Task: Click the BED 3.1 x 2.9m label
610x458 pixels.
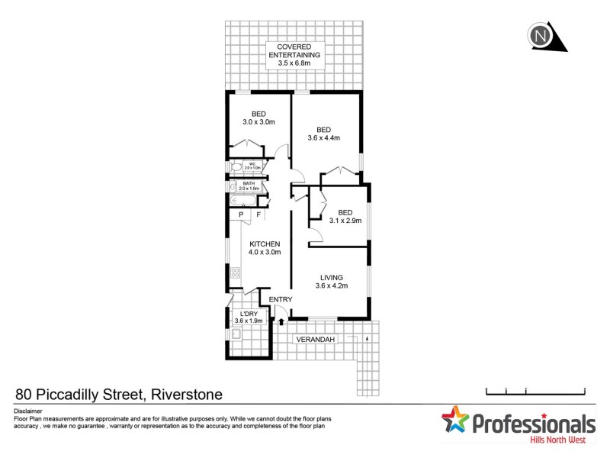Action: (x=345, y=216)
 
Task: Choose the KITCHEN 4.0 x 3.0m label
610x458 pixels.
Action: (x=265, y=247)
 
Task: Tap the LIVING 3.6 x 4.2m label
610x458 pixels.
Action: (x=331, y=282)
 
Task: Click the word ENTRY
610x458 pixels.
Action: (x=281, y=299)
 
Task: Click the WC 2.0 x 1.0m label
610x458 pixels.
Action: (x=252, y=166)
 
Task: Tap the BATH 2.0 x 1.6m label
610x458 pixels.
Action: (x=249, y=185)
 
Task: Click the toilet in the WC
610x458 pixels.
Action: (x=236, y=166)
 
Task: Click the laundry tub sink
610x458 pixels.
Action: (x=236, y=333)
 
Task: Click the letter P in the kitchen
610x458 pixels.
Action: (x=242, y=215)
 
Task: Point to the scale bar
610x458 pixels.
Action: (x=535, y=392)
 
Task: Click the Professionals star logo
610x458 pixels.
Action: (x=456, y=422)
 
